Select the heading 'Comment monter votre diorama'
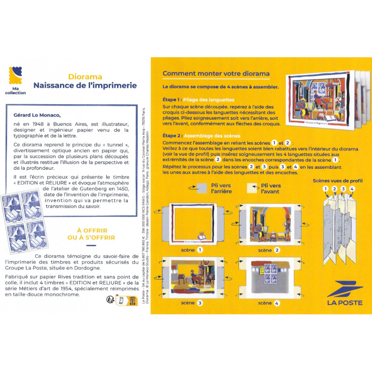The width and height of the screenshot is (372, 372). click(216, 74)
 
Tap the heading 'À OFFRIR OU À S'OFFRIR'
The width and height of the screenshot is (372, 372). click(89, 233)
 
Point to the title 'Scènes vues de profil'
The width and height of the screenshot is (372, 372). click(338, 180)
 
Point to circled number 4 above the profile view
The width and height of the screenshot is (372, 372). click(352, 188)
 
